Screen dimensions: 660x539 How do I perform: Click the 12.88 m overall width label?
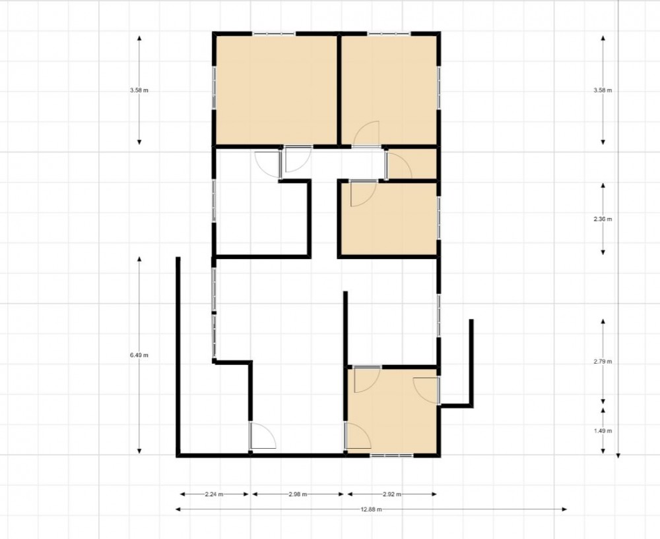pos(371,509)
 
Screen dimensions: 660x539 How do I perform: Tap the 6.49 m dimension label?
pos(139,355)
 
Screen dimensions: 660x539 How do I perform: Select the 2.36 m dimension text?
pos(603,219)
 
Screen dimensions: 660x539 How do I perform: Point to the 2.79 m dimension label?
pos(603,361)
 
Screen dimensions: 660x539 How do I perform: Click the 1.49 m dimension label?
pos(603,431)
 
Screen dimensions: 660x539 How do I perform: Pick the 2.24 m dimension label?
pos(214,494)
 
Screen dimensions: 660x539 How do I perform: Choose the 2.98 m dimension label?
pos(298,494)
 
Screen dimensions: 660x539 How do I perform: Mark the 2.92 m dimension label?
pos(392,494)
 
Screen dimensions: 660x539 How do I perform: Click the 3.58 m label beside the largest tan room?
pos(139,90)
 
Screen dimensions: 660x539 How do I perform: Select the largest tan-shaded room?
pos(276,90)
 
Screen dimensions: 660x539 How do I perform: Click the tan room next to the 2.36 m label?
pos(389,219)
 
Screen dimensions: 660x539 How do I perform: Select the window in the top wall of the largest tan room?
pos(274,34)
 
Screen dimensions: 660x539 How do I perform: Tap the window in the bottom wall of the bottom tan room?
pos(392,455)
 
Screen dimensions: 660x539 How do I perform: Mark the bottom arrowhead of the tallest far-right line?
pos(618,455)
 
